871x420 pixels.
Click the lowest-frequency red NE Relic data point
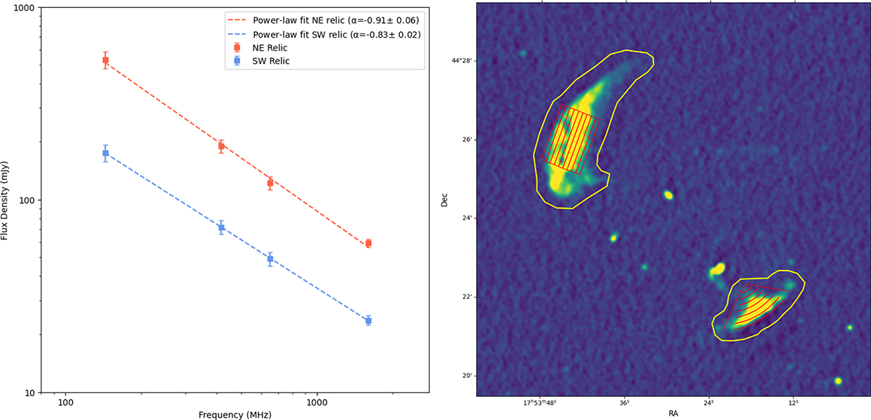tap(105, 60)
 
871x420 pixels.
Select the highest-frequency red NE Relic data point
tap(368, 244)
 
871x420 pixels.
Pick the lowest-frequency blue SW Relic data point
tap(105, 153)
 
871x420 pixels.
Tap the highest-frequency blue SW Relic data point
tap(368, 321)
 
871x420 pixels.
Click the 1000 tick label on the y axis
tap(25, 8)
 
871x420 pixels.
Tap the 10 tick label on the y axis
tap(30, 393)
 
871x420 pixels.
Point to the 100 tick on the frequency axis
tap(65, 403)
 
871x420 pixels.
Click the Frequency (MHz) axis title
tap(235, 415)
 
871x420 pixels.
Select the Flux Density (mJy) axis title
tap(4, 200)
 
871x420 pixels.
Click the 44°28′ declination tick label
tap(462, 61)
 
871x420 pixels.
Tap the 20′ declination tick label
tap(467, 376)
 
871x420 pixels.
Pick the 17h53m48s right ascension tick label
tap(540, 403)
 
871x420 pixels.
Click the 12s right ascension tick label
tap(793, 403)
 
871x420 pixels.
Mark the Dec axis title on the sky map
tap(444, 199)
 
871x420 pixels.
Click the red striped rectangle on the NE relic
tap(571, 139)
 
